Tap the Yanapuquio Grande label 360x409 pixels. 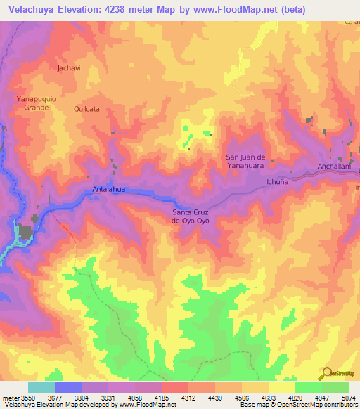[x=32, y=103]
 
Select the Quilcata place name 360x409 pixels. [x=85, y=110]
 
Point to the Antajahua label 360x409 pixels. [x=108, y=189]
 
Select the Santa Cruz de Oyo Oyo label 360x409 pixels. [x=191, y=216]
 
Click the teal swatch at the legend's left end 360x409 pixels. [x=41, y=387]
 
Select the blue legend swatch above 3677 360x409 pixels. [x=68, y=387]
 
